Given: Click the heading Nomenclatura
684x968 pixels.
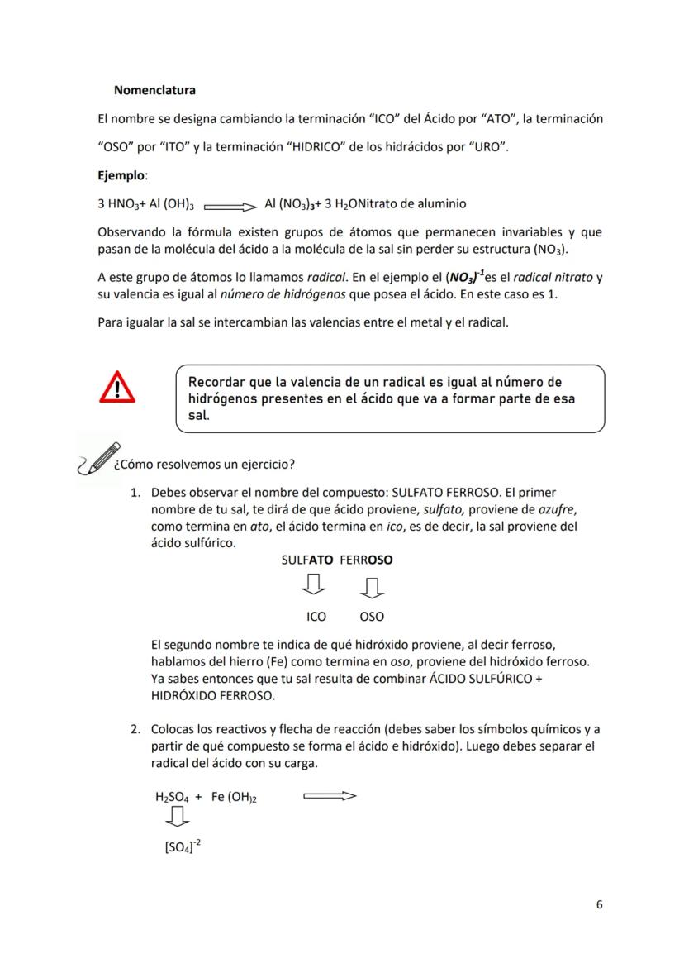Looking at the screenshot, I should pos(154,89).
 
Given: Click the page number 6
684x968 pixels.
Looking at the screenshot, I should pos(599,904).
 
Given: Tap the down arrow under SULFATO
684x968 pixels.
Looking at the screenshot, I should pos(315,586).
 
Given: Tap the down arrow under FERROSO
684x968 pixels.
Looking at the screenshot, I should pos(372,587).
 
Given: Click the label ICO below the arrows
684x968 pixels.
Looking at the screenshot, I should pos(316,617).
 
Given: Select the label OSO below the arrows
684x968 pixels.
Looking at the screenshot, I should pos(372,617).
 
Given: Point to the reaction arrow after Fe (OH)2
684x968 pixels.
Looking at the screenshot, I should pos(330,797).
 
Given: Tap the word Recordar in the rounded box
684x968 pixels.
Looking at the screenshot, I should pos(216,383).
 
